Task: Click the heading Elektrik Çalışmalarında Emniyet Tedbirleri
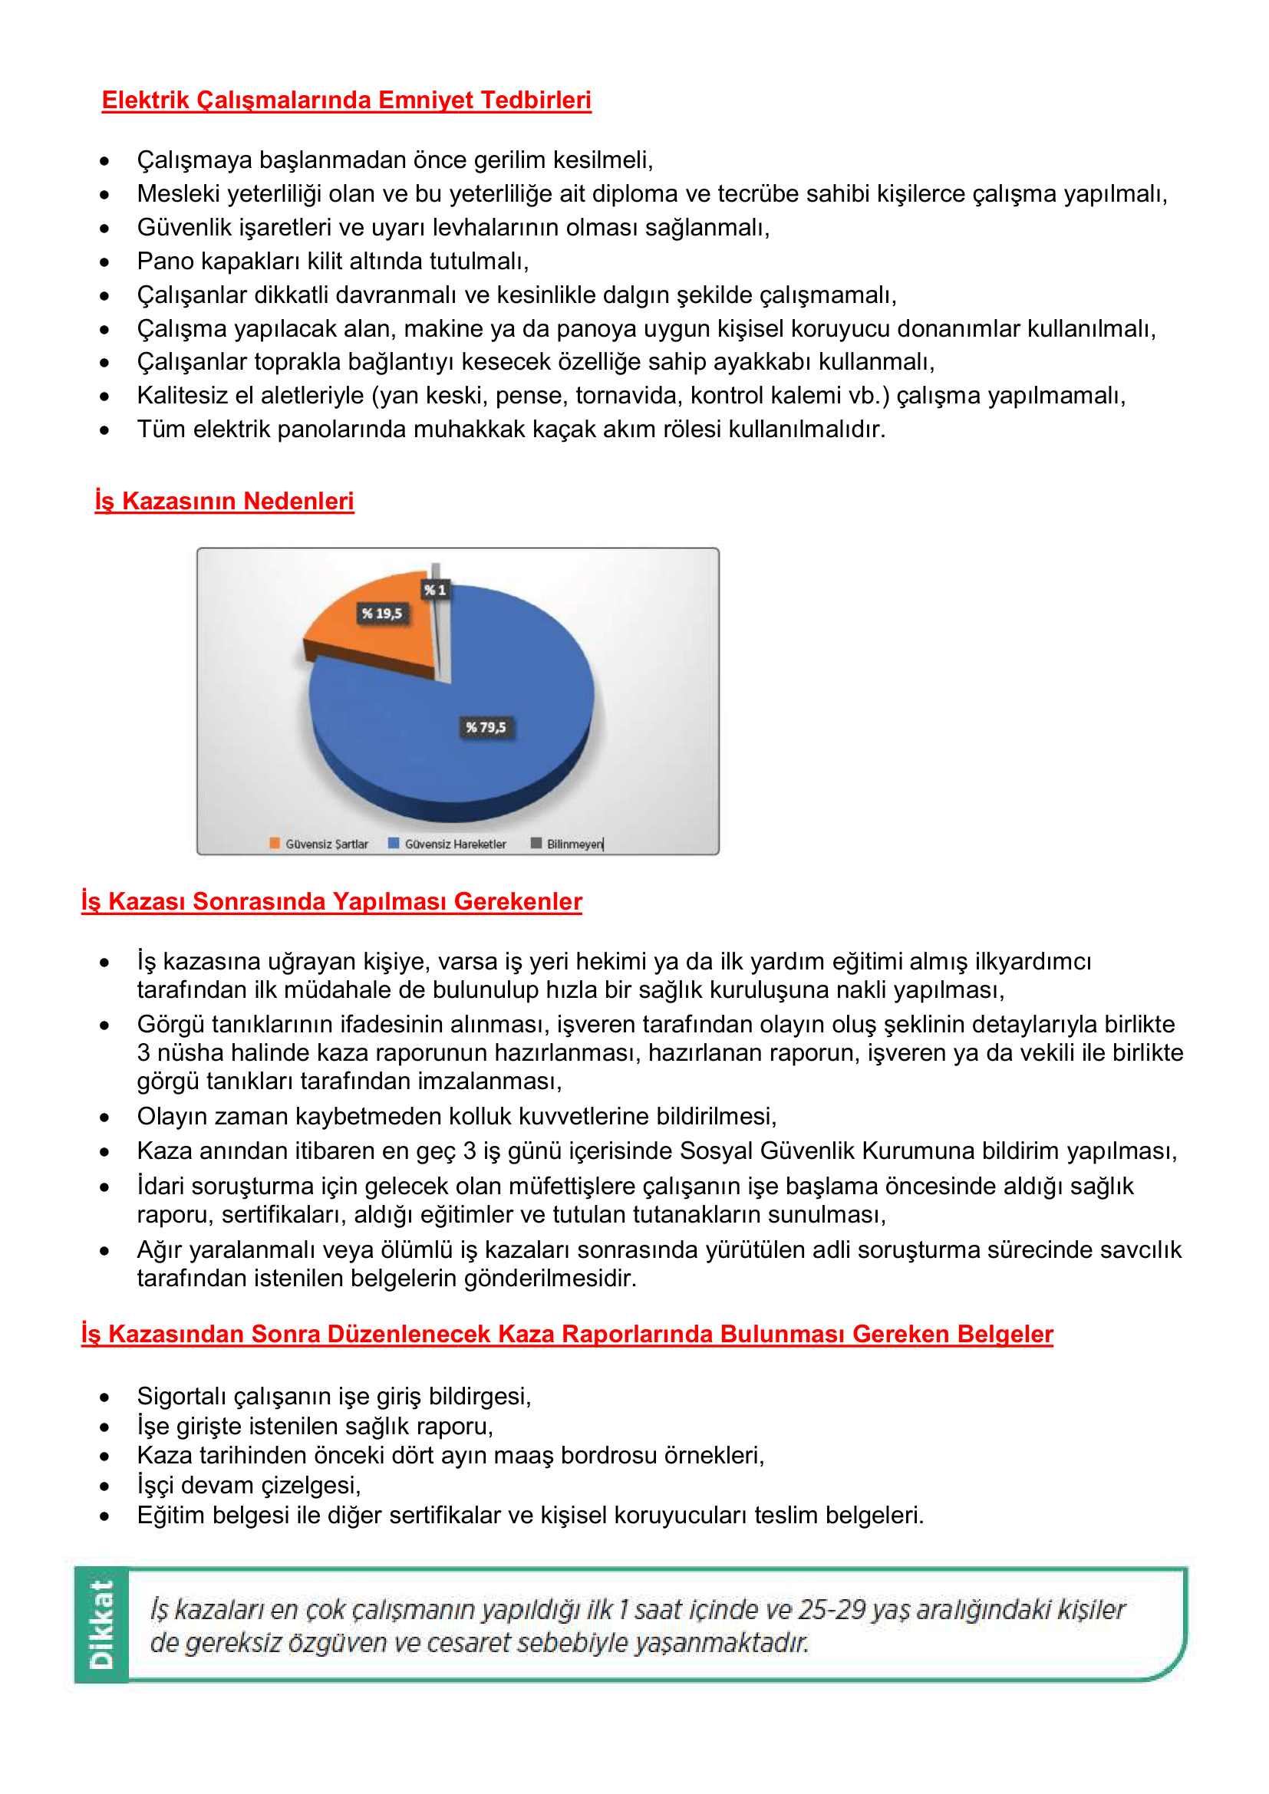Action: pyautogui.click(x=346, y=100)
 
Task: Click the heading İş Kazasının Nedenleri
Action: pyautogui.click(x=224, y=501)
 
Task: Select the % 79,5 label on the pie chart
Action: pyautogui.click(x=485, y=727)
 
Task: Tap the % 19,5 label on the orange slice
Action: pyautogui.click(x=381, y=614)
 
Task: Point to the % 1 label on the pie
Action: pyautogui.click(x=435, y=590)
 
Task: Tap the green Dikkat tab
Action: pyautogui.click(x=101, y=1624)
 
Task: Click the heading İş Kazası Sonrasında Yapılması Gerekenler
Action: pyautogui.click(x=331, y=901)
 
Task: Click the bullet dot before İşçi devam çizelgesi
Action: pyautogui.click(x=104, y=1487)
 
